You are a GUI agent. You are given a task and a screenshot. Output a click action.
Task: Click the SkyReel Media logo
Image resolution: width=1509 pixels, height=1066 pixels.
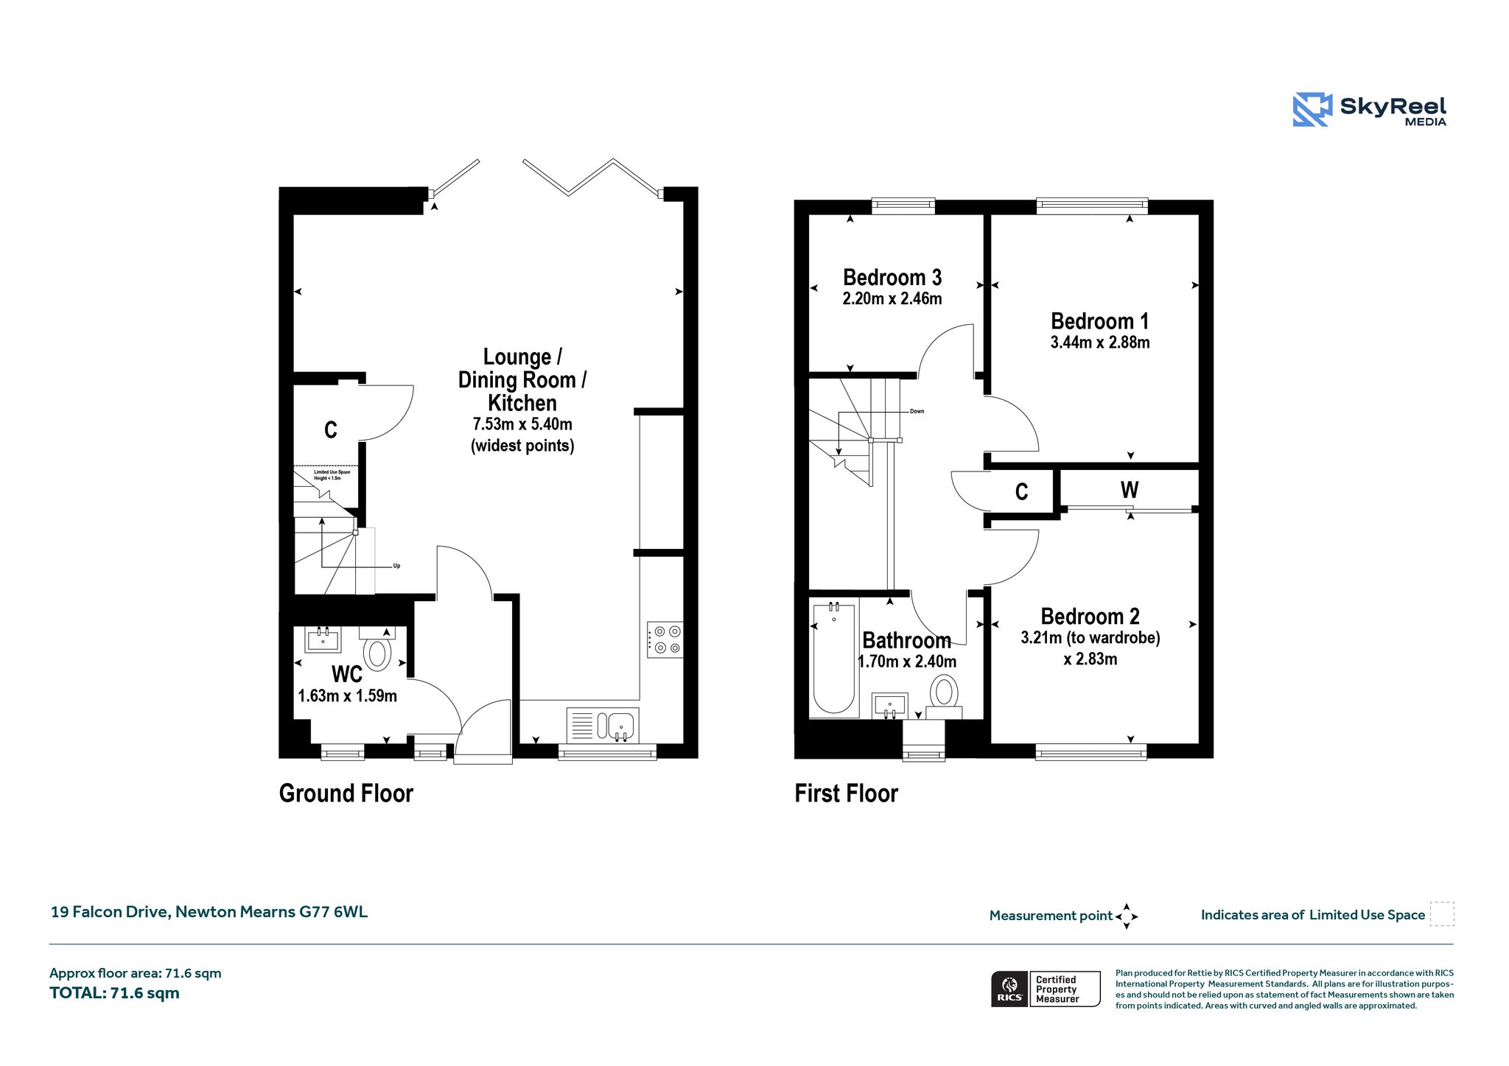[1370, 110]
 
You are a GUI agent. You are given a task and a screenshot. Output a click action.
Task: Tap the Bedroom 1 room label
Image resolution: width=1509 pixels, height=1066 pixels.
[1099, 321]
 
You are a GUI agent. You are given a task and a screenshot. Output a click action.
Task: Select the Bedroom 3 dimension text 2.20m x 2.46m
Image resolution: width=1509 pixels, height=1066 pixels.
[892, 298]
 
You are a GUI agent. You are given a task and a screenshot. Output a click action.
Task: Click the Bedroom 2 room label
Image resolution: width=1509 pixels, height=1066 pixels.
[1090, 616]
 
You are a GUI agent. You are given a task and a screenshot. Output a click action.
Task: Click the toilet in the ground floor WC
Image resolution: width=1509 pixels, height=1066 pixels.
[377, 648]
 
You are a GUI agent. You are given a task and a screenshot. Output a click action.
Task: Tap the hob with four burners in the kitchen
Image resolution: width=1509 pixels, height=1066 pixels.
[665, 639]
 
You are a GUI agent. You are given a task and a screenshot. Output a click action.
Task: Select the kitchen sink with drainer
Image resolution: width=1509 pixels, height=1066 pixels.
[603, 725]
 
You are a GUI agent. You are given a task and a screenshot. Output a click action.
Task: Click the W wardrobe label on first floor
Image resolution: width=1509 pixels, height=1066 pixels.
[1130, 490]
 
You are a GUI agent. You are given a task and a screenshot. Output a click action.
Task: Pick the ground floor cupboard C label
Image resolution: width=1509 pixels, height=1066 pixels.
[331, 429]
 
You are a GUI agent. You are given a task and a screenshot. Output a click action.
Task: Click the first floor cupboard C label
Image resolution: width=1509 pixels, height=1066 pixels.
[1021, 491]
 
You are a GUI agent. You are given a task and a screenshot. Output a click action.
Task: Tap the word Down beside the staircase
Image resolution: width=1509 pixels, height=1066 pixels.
[917, 411]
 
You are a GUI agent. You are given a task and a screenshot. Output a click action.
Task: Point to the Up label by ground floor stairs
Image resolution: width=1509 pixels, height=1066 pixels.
[396, 566]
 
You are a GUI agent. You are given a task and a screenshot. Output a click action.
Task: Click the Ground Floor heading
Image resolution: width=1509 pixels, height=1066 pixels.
[346, 793]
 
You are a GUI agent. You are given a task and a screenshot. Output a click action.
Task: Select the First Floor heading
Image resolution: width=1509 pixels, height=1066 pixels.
[847, 793]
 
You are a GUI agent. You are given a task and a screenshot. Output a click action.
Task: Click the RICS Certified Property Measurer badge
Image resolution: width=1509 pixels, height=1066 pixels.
[1046, 989]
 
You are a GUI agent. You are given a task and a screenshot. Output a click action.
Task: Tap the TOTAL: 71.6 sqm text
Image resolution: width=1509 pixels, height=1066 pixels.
[114, 993]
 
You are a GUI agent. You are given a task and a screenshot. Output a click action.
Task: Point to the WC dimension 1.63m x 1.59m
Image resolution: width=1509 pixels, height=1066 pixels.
[347, 695]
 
